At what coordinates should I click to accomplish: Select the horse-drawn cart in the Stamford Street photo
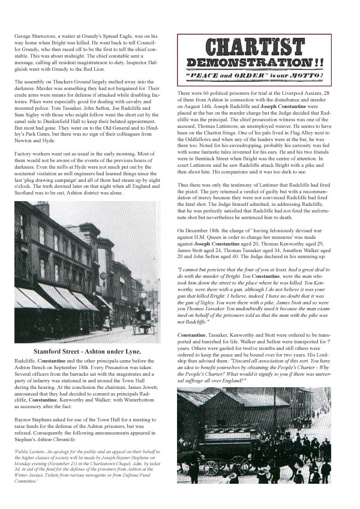tap(145, 322)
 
